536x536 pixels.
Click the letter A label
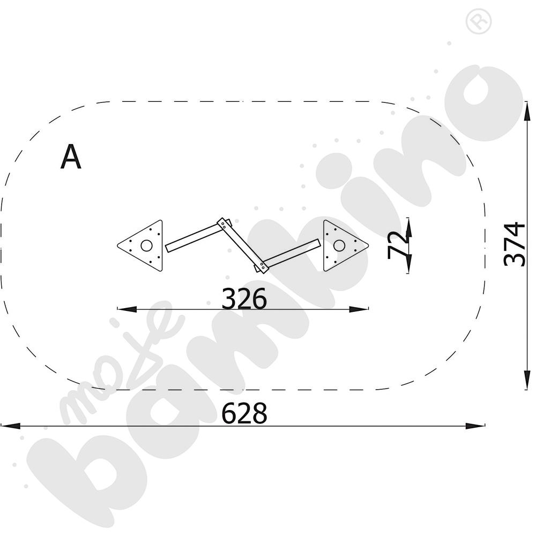coord(71,157)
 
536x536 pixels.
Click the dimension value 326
coord(244,299)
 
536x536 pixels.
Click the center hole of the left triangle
coord(147,245)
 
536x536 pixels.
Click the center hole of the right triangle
coord(339,245)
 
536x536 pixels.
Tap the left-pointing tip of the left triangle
coord(117,245)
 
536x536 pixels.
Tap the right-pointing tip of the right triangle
coord(369,245)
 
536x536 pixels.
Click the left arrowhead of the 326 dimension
coord(126,309)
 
